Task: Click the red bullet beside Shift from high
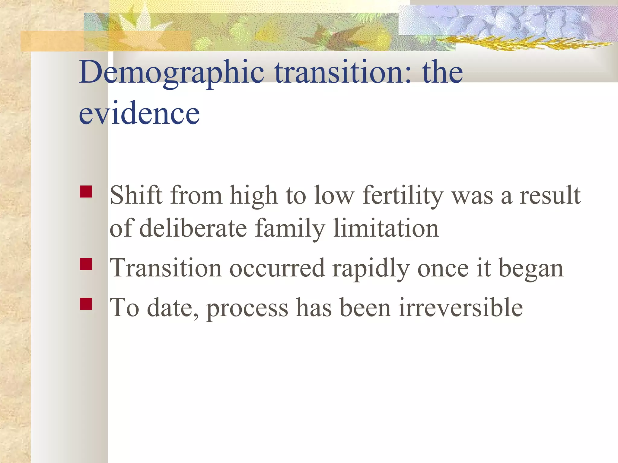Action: pyautogui.click(x=86, y=191)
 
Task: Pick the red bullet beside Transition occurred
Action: pyautogui.click(x=86, y=264)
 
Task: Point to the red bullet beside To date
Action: pyautogui.click(x=86, y=304)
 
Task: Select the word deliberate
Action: pyautogui.click(x=193, y=228)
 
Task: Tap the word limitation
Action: pyautogui.click(x=386, y=228)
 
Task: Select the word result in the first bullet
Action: pyautogui.click(x=550, y=195)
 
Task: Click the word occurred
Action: pyautogui.click(x=277, y=268)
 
